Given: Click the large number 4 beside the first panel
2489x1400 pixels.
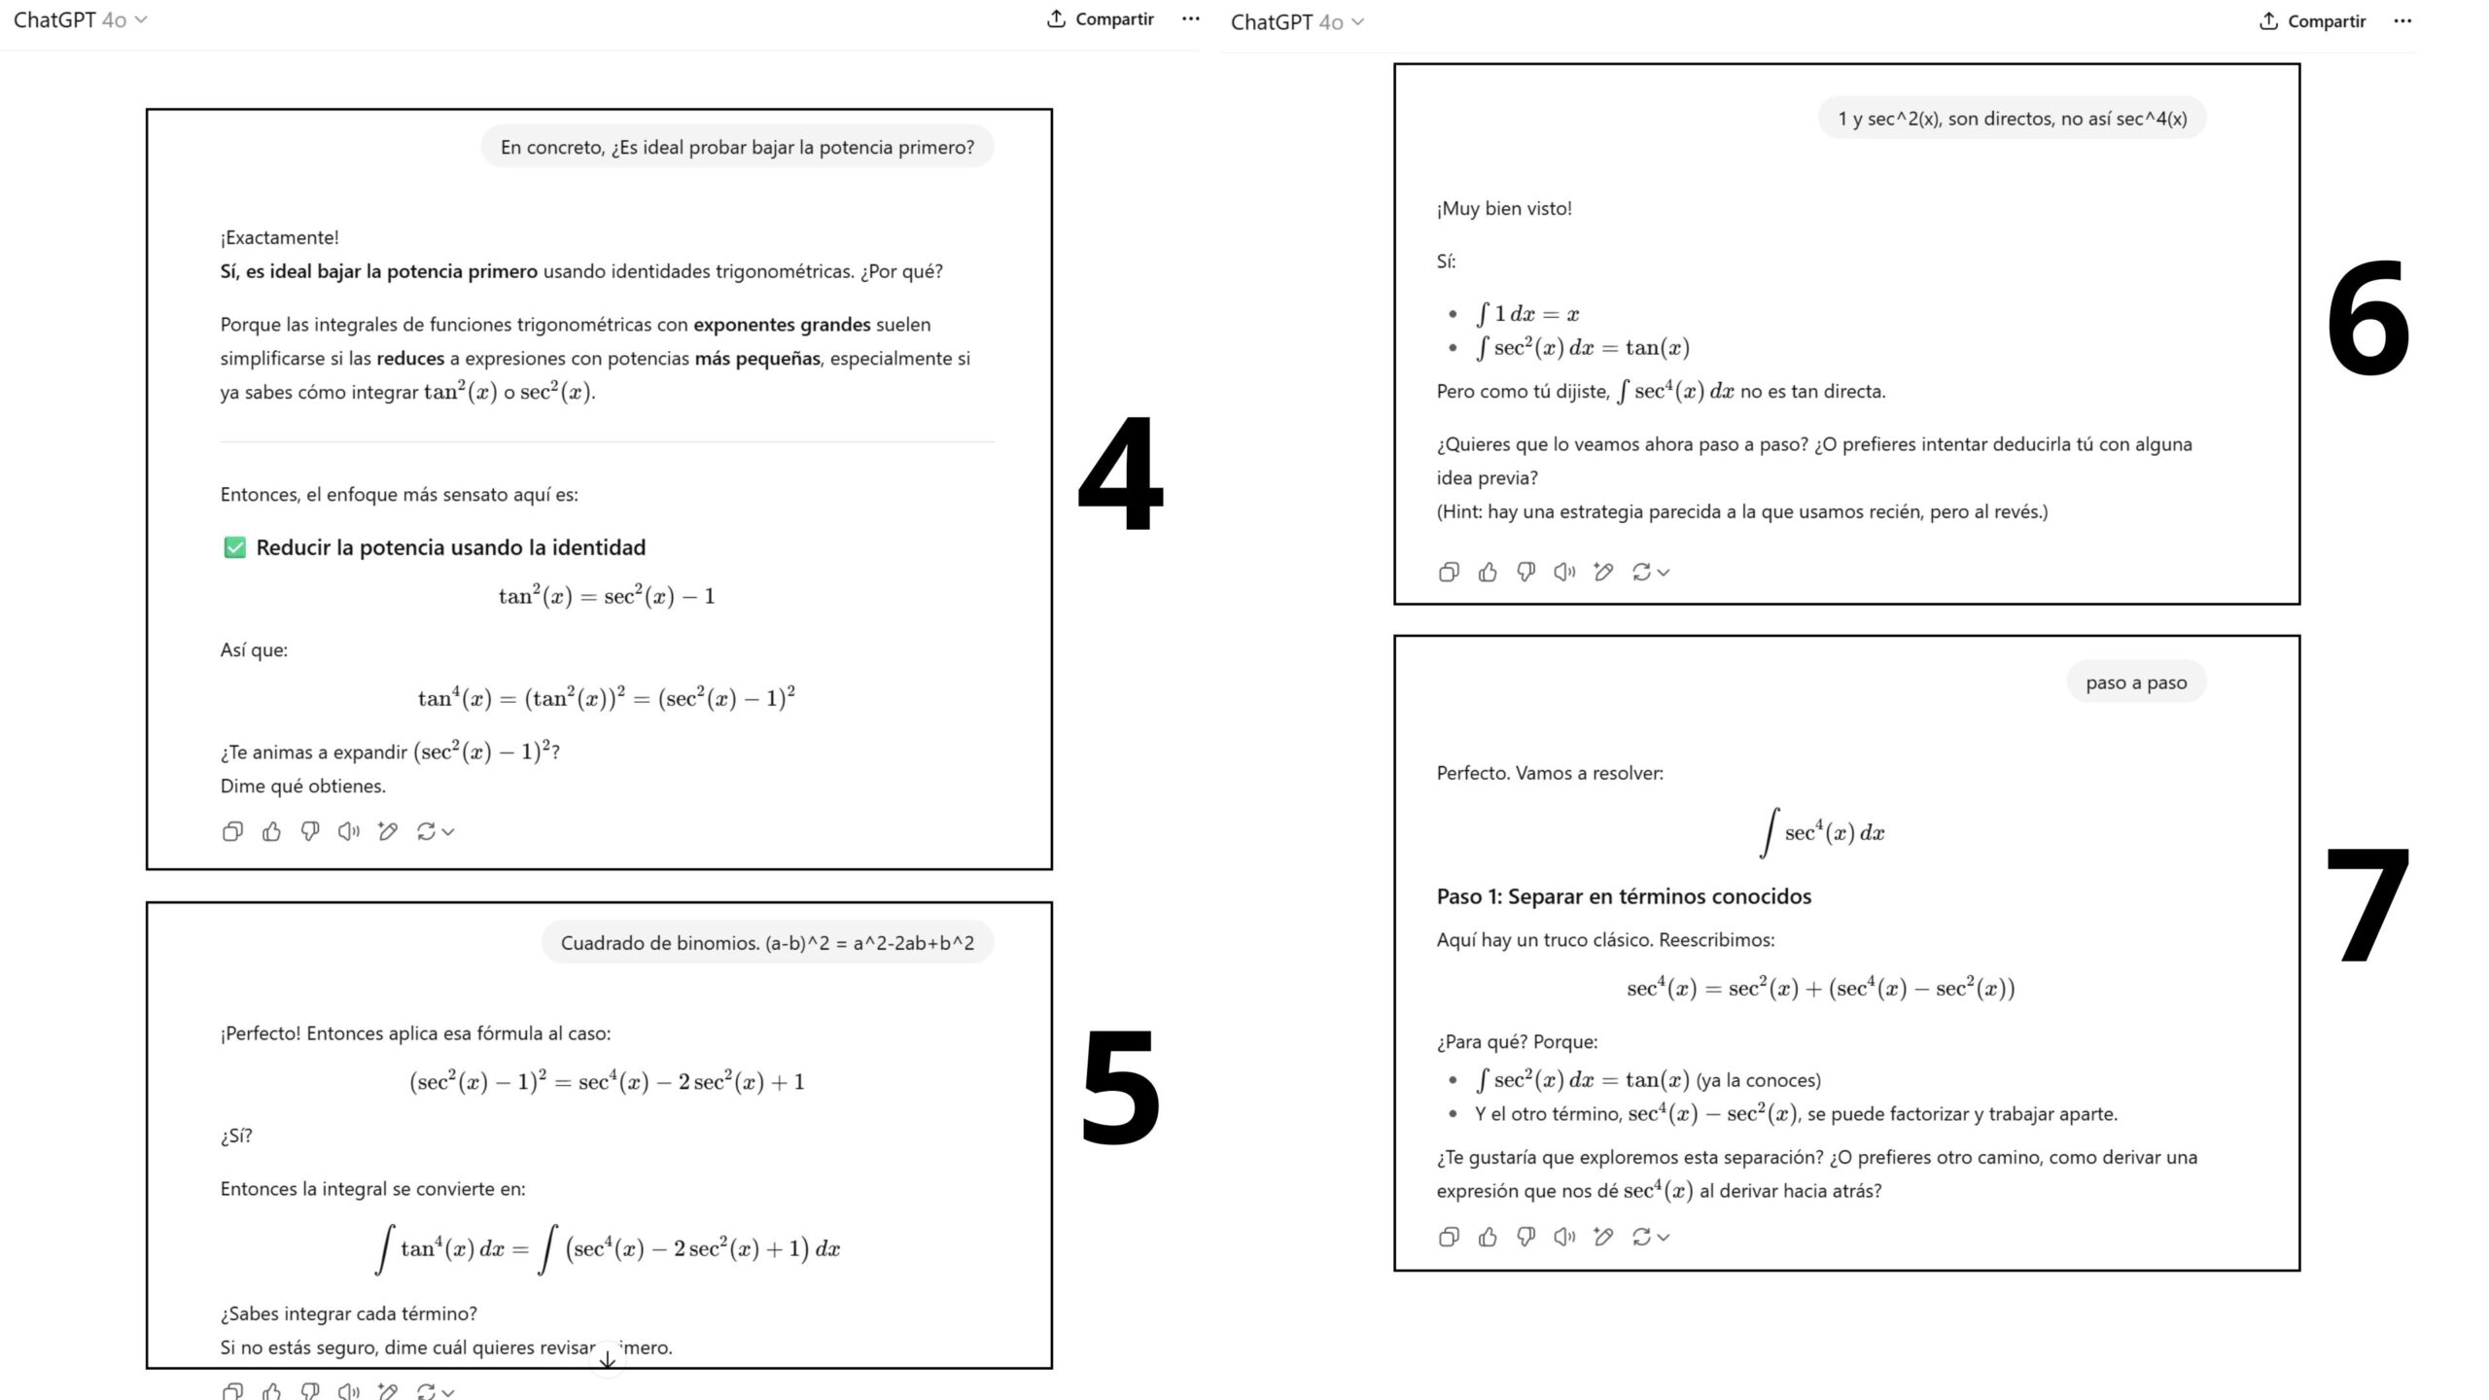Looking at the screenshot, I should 1120,473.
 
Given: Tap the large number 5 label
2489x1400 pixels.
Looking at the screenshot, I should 1120,1087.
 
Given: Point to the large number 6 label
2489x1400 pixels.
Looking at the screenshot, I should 2366,318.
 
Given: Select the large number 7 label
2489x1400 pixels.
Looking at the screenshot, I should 2366,904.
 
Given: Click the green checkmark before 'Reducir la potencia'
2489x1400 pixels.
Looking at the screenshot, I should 234,547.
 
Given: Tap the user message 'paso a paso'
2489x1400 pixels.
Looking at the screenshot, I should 2135,682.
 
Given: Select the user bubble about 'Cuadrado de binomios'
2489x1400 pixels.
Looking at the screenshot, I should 767,943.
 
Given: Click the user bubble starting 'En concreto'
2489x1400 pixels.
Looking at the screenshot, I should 737,147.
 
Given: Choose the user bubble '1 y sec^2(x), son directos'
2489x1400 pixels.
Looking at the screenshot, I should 2012,119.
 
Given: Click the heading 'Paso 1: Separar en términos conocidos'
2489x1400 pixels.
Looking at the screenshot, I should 1624,896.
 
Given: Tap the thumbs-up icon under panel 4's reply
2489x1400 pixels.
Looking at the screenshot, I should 271,831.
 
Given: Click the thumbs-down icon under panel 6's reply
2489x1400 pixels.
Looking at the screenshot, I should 1525,572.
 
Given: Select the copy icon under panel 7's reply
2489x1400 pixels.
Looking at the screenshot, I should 1449,1237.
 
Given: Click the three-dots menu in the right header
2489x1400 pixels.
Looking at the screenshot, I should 2402,20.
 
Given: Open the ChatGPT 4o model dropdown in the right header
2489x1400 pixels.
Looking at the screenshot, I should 1297,21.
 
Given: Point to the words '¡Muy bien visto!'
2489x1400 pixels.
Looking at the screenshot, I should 1504,208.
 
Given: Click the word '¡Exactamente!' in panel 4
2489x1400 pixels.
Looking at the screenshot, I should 279,237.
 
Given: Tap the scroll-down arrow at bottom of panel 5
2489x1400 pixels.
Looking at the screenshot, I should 608,1359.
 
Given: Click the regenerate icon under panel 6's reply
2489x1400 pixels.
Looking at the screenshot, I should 1642,572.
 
